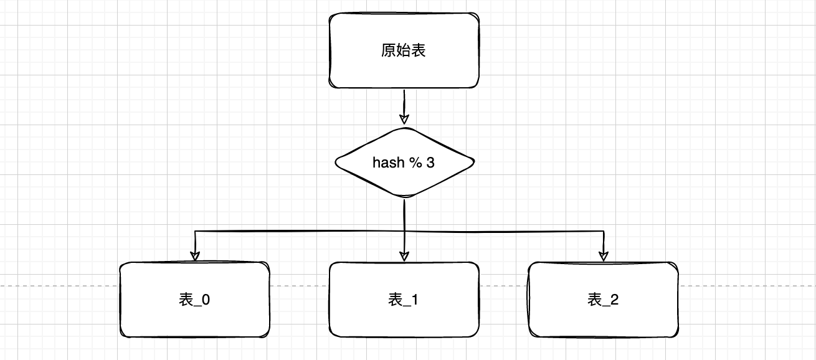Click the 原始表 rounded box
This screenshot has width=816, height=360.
(x=404, y=50)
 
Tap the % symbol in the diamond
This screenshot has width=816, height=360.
(x=415, y=163)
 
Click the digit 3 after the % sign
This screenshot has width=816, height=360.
(x=430, y=163)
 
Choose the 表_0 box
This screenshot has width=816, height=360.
(x=194, y=300)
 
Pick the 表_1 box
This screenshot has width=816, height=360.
(x=404, y=300)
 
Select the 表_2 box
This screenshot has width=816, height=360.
(x=603, y=300)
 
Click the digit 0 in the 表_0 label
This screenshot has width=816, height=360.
(x=206, y=300)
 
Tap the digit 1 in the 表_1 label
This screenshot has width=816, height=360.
(x=415, y=300)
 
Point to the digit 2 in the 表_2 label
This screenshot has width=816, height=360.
(x=614, y=300)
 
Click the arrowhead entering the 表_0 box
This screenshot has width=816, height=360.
(x=195, y=255)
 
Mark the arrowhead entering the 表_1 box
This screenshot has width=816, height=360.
(x=404, y=255)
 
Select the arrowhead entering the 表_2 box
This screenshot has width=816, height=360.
(x=603, y=255)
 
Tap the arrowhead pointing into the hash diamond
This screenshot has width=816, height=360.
(x=404, y=118)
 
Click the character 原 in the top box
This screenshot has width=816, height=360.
(x=388, y=50)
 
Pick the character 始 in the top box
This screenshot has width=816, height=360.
(x=403, y=50)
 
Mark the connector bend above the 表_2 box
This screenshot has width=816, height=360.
(x=603, y=232)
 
